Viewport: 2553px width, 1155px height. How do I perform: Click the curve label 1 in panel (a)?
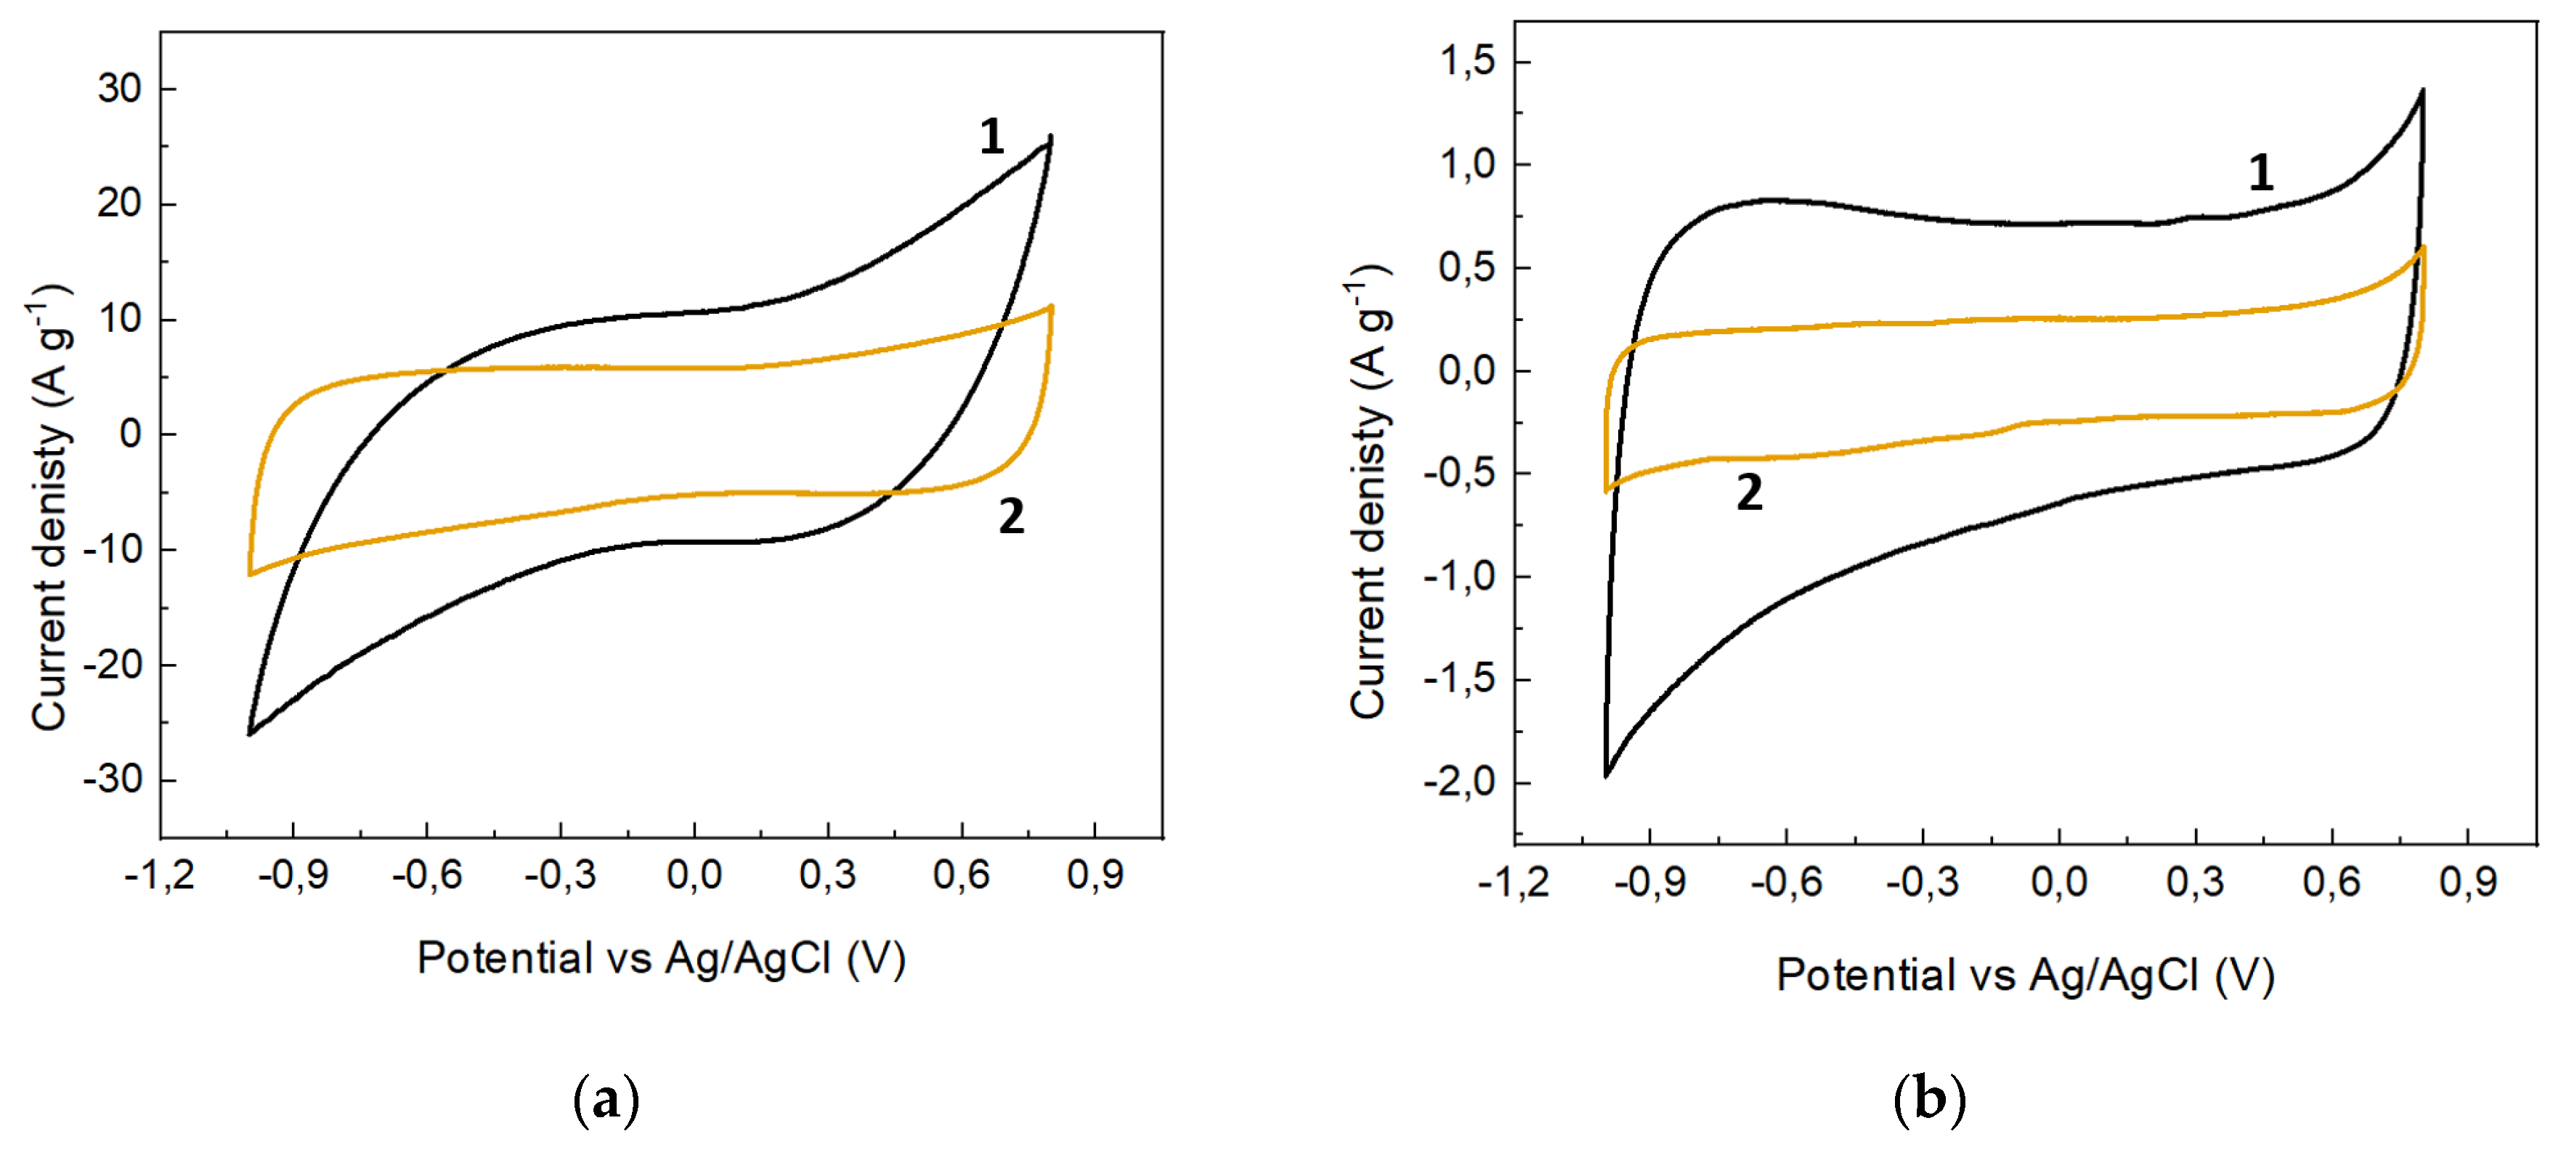tap(991, 137)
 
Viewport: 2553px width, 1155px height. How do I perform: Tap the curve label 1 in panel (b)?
tap(2260, 174)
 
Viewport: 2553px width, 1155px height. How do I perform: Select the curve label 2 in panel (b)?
tap(1749, 493)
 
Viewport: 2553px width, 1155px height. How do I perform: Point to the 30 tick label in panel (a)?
tap(119, 89)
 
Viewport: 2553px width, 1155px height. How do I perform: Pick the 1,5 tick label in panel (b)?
tap(1466, 62)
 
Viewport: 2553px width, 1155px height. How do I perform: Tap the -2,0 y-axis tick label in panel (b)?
tap(1459, 782)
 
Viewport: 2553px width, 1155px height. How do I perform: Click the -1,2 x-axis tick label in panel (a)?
tap(158, 875)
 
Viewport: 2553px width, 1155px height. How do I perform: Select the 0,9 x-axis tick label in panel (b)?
tap(2468, 881)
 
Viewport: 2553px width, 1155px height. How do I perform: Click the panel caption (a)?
tap(606, 1100)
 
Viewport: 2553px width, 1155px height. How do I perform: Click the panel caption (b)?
tap(1928, 1100)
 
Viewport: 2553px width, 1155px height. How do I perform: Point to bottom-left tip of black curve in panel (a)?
tap(248, 734)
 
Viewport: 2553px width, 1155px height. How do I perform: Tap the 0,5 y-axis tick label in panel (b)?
tap(1466, 267)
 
